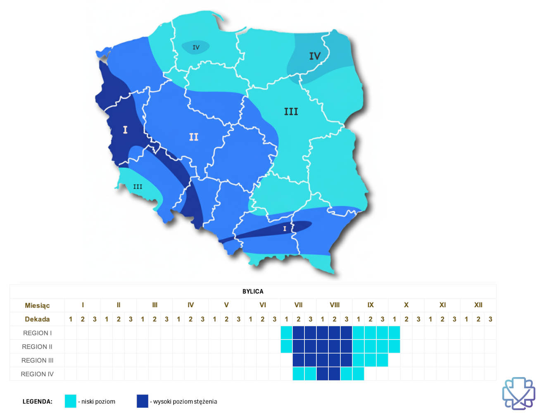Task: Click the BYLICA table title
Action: [x=253, y=291]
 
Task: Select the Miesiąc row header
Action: [x=37, y=305]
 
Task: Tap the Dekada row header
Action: [x=37, y=319]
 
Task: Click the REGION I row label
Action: [x=37, y=333]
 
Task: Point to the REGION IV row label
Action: [x=37, y=374]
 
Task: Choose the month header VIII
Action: [x=335, y=305]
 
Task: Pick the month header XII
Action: [x=478, y=305]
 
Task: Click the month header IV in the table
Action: [x=190, y=305]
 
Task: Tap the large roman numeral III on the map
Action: [x=291, y=112]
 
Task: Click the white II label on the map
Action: [x=194, y=137]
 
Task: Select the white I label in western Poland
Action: [x=125, y=130]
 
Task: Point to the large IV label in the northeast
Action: [x=315, y=56]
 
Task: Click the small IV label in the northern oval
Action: [x=196, y=47]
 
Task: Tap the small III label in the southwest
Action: [x=138, y=187]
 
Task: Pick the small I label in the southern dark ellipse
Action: [x=284, y=228]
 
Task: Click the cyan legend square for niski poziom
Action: [x=71, y=401]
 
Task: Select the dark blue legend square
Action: [x=143, y=401]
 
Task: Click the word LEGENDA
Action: [x=38, y=401]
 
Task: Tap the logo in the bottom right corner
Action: [x=518, y=393]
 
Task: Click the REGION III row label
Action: [x=37, y=360]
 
